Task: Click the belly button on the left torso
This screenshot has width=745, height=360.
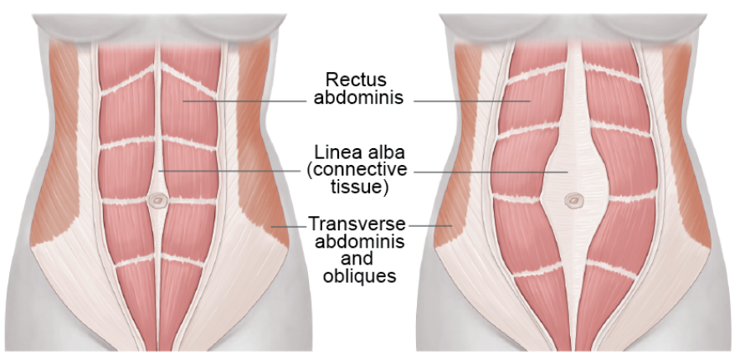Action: (157, 201)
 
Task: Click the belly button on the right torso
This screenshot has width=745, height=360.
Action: (573, 201)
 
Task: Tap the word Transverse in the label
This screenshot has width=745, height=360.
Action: (357, 224)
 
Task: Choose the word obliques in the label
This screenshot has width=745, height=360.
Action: (357, 275)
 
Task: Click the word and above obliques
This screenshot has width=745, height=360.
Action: (357, 259)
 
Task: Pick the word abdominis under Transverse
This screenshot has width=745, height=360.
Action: (357, 242)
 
